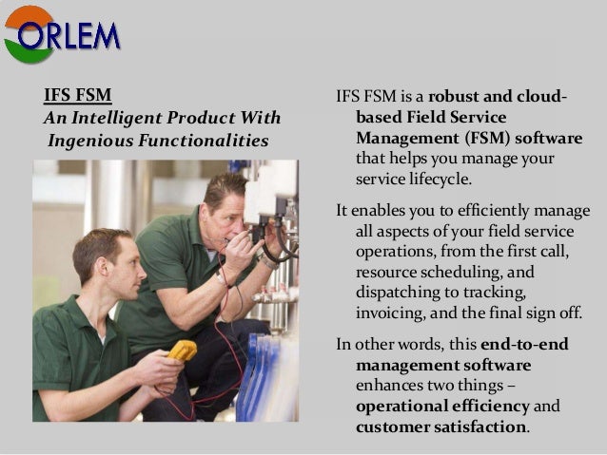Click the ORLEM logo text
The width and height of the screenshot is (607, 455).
(69, 36)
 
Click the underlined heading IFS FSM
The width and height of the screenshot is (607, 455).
(78, 96)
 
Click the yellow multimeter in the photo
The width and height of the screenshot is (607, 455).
(182, 351)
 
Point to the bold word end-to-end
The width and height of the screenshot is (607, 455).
(524, 345)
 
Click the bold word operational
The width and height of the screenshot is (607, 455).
(415, 407)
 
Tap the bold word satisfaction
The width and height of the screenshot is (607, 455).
(479, 427)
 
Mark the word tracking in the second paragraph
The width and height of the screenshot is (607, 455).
(494, 293)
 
